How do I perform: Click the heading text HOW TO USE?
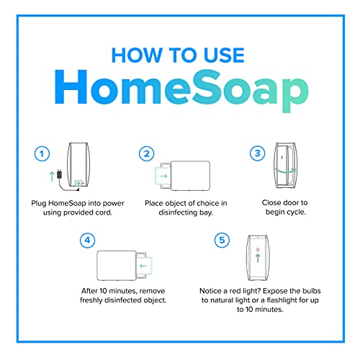(180, 55)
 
